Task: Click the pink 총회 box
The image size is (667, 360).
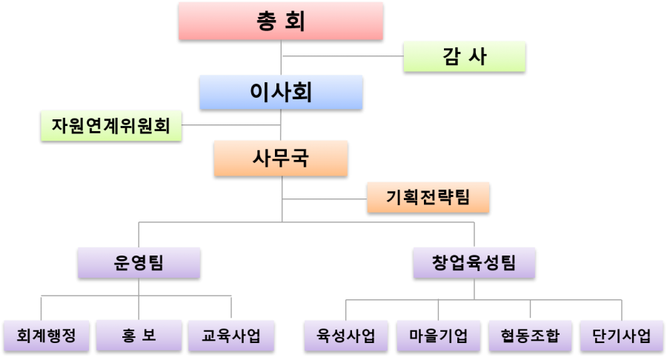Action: point(280,20)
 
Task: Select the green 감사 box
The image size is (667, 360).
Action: point(464,56)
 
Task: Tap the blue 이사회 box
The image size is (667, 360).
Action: point(280,92)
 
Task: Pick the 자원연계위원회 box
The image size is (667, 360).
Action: point(110,125)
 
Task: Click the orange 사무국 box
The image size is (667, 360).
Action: point(280,158)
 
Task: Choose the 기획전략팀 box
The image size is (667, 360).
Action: point(428,197)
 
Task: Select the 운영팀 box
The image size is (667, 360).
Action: point(139,262)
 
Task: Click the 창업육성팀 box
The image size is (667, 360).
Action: point(474,262)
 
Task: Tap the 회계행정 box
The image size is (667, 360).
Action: point(46,336)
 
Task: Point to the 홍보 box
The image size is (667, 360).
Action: point(139,336)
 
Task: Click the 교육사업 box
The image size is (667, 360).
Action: point(230,336)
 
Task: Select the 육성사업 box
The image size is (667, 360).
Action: point(345,336)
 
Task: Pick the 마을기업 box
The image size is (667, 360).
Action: point(438,336)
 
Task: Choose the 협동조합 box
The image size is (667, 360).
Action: point(530,336)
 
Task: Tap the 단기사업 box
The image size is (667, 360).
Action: point(622,336)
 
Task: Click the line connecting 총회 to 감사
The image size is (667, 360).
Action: point(342,56)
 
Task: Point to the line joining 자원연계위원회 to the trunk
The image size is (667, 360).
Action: point(230,124)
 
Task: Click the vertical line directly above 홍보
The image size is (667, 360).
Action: point(139,307)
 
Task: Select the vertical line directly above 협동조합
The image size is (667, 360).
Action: point(530,310)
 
